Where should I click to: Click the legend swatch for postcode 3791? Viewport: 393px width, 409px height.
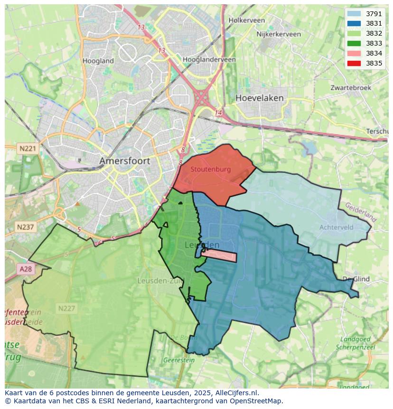[x=354, y=14]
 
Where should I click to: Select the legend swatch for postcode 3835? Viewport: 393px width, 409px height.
[x=354, y=63]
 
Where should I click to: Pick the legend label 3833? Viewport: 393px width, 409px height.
[x=374, y=44]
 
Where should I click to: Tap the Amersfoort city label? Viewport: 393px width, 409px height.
[x=124, y=161]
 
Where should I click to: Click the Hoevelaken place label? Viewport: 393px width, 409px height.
[x=259, y=98]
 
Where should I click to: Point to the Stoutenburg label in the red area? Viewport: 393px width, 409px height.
[x=210, y=169]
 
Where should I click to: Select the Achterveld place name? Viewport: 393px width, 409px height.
[x=336, y=228]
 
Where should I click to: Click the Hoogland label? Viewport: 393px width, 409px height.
[x=98, y=61]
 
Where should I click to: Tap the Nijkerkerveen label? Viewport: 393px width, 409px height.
[x=278, y=34]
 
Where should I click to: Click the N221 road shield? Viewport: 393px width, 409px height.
[x=28, y=149]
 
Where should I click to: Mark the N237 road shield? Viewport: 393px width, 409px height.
[x=25, y=227]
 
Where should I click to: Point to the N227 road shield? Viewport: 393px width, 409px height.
[x=66, y=308]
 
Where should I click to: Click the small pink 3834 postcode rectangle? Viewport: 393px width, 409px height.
[x=219, y=256]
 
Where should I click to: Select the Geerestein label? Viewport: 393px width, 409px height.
[x=178, y=360]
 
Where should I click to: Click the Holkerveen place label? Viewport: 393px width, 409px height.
[x=246, y=20]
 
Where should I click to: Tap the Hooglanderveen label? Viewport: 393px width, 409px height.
[x=209, y=60]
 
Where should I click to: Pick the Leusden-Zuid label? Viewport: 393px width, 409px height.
[x=159, y=281]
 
